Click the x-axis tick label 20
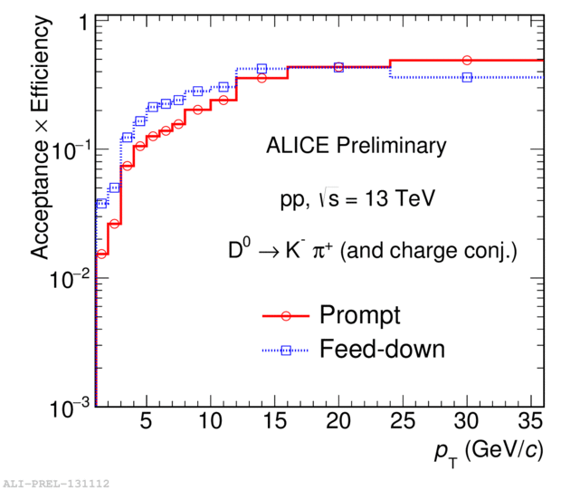pos(338,424)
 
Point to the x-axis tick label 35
pos(531,424)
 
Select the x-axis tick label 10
pos(210,424)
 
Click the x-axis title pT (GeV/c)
pos(490,451)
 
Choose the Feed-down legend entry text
pos(383,349)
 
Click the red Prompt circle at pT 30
pos(467,61)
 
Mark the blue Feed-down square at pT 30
pos(467,78)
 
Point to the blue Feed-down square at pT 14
pos(261,69)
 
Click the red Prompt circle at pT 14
pos(261,78)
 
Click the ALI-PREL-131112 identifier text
pos(56,484)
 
